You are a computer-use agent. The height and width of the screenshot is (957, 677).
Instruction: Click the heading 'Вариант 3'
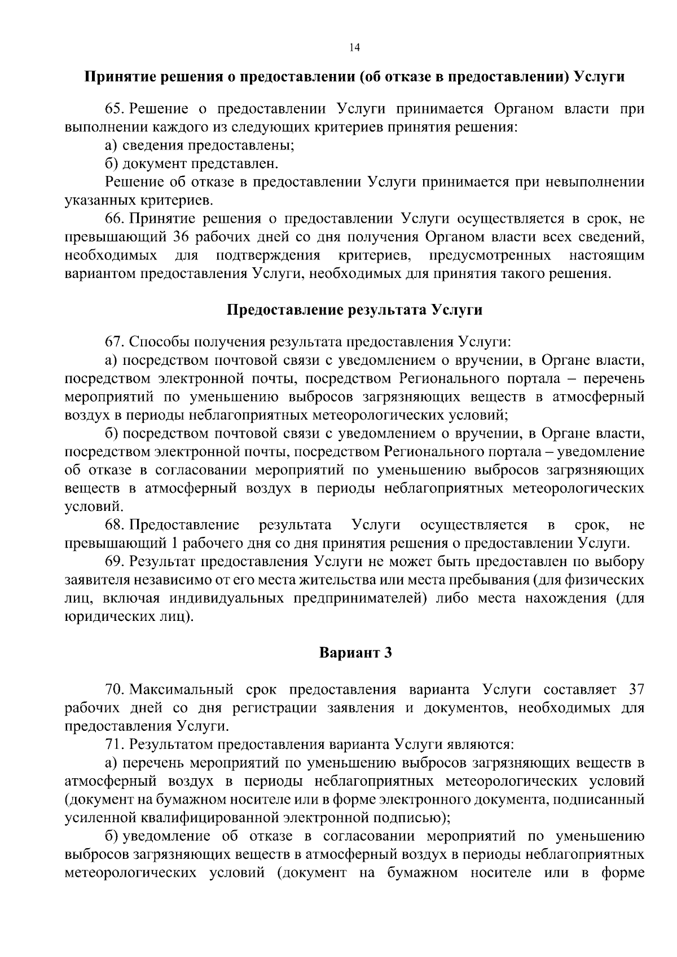click(x=355, y=653)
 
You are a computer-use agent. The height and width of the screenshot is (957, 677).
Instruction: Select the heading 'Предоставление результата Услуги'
click(x=354, y=310)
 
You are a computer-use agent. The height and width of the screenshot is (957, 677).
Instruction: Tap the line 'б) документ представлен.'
click(x=192, y=164)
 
